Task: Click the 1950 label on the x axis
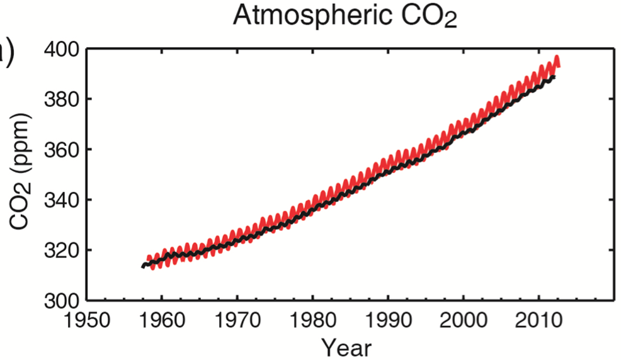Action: [x=87, y=320]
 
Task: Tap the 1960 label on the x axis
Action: [x=162, y=320]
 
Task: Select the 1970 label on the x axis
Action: [x=237, y=320]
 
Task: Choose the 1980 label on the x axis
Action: [x=312, y=320]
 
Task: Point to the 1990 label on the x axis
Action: [x=388, y=320]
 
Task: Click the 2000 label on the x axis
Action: [x=463, y=320]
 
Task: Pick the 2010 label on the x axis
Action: [x=538, y=320]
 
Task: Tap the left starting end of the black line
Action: [x=143, y=266]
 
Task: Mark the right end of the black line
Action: [x=554, y=77]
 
